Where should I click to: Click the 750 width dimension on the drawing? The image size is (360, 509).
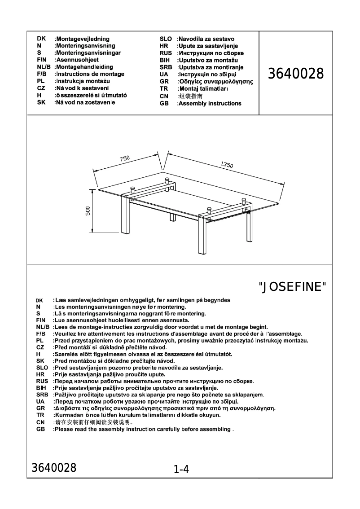tap(124, 158)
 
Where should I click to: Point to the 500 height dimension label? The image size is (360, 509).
tap(88, 211)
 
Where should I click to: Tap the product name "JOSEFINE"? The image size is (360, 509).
tap(293, 286)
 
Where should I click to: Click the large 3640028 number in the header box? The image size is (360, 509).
tap(296, 74)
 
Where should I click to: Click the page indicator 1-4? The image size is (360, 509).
tap(181, 470)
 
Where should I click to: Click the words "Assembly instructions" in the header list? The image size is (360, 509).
tap(209, 103)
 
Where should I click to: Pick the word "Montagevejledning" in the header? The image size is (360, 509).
tap(82, 39)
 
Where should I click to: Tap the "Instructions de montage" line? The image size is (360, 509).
tap(89, 74)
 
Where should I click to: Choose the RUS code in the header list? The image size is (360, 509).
tap(166, 53)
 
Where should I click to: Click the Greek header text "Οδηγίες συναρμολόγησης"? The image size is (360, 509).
tap(215, 82)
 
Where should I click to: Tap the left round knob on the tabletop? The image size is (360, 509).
tap(133, 190)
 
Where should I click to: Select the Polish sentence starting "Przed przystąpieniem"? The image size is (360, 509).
tap(187, 341)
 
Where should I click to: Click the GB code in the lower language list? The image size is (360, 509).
tap(40, 429)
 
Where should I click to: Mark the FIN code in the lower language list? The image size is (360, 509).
tap(41, 320)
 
